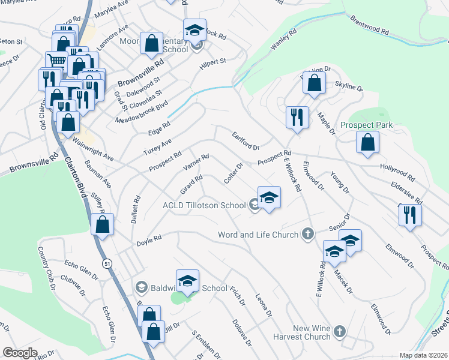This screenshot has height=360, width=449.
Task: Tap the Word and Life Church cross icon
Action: pyautogui.click(x=308, y=234)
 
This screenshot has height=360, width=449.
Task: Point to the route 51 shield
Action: pyautogui.click(x=107, y=263)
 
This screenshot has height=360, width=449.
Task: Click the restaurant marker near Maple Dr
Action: pyautogui.click(x=297, y=118)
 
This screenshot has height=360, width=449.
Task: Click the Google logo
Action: pyautogui.click(x=20, y=353)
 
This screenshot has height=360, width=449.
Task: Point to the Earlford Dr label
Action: pyautogui.click(x=246, y=141)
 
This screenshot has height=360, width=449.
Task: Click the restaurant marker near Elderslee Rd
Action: pyautogui.click(x=409, y=215)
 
